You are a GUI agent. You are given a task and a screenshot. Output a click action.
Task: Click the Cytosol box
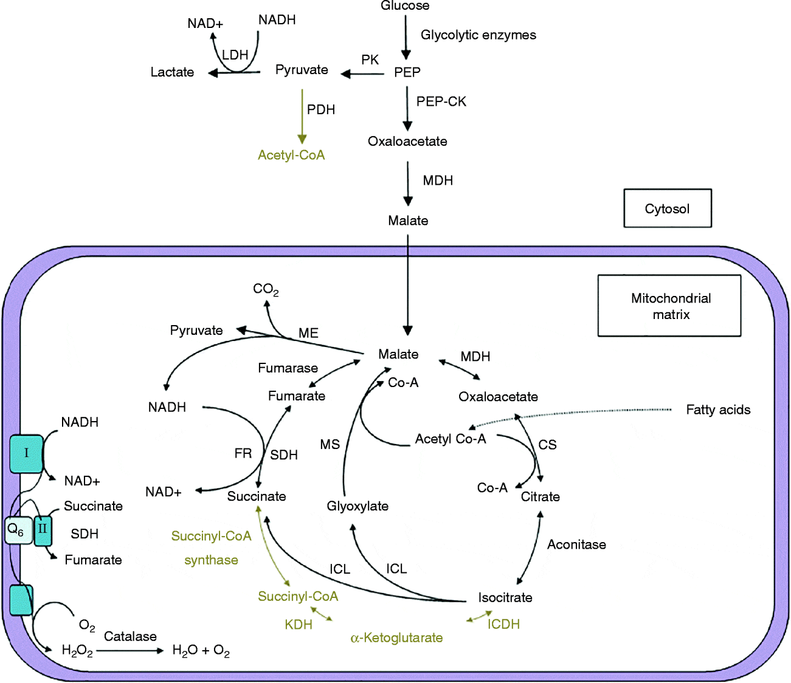tap(667, 208)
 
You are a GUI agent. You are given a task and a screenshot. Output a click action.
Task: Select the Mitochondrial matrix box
tap(669, 306)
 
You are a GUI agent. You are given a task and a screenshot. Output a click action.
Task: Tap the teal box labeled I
tap(26, 453)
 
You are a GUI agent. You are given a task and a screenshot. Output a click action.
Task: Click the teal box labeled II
tap(43, 529)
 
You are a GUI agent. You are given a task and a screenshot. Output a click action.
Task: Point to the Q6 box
tap(17, 530)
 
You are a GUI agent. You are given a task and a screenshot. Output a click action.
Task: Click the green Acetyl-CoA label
tap(291, 155)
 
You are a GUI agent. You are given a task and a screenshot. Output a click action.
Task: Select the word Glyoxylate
tap(358, 506)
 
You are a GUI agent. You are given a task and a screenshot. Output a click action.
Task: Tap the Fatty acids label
tap(718, 410)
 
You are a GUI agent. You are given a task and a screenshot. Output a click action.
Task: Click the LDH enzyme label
tap(235, 55)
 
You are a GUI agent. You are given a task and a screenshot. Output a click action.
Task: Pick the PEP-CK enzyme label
tap(441, 101)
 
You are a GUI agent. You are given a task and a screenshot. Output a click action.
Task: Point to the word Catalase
tap(130, 636)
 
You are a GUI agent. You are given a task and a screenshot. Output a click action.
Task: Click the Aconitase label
tap(576, 544)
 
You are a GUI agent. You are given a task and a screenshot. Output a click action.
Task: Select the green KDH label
tap(299, 625)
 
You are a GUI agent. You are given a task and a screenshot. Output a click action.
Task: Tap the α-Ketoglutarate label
tap(396, 638)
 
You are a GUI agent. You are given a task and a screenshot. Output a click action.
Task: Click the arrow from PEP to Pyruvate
tap(363, 74)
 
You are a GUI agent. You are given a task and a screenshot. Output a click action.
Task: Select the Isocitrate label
tap(505, 597)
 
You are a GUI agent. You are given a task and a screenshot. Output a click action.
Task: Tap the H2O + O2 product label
tap(201, 651)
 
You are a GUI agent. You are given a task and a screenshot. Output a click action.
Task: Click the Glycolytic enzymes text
tap(478, 35)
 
